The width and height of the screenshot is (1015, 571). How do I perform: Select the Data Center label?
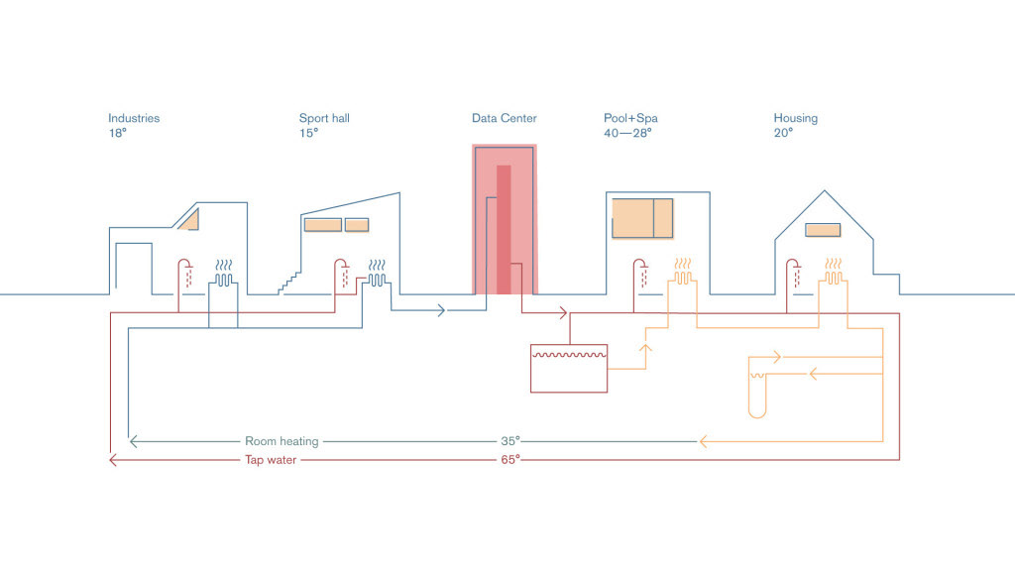click(x=505, y=118)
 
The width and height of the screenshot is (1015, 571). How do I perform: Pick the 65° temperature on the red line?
click(x=510, y=459)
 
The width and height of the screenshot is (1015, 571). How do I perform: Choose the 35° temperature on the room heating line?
click(x=510, y=441)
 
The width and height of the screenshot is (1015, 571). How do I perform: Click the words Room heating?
click(x=282, y=441)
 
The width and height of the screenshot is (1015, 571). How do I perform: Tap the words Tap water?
click(x=271, y=460)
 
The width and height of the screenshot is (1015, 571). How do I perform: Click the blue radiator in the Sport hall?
click(x=377, y=274)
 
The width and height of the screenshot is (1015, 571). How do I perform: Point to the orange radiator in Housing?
click(x=833, y=272)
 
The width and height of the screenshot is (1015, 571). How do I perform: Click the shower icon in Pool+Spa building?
click(x=640, y=274)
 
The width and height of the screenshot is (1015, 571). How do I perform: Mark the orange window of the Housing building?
click(x=823, y=230)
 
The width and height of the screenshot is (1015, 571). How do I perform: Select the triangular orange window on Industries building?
click(x=189, y=220)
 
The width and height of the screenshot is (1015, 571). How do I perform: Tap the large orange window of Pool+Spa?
click(x=642, y=219)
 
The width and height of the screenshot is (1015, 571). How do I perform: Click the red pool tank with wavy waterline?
click(x=569, y=369)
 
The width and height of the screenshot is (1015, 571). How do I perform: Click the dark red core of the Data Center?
click(x=505, y=230)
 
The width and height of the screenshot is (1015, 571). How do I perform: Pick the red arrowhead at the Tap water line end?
click(x=113, y=460)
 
